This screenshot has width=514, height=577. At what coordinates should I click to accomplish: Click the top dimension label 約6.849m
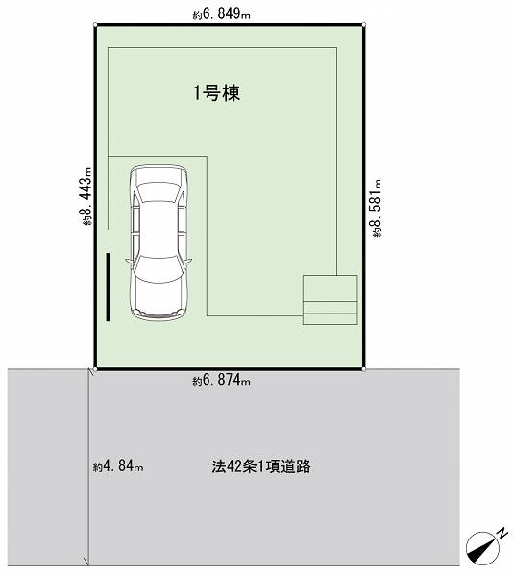coord(221,14)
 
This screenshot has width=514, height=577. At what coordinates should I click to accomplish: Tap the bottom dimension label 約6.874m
coord(221,380)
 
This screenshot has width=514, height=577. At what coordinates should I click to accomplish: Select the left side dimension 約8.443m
coord(86,196)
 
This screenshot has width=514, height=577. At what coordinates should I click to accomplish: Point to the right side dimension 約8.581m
coord(377,208)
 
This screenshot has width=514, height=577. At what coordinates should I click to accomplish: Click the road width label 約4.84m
coord(118,466)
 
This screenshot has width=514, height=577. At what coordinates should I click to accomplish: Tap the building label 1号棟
coord(217,92)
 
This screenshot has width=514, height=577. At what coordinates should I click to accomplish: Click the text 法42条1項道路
coord(261,466)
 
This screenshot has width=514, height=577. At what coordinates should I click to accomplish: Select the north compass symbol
coord(482,548)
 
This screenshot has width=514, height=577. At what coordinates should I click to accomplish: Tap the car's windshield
coord(159,269)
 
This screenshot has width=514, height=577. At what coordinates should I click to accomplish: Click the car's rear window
coord(159,192)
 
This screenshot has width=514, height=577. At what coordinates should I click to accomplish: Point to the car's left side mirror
coord(129,261)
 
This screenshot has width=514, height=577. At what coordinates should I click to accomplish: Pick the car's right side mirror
coord(188,261)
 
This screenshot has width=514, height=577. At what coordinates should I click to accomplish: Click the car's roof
coord(159,229)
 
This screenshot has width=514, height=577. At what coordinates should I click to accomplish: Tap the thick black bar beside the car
coord(108,287)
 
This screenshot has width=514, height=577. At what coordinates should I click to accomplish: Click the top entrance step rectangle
coord(330,288)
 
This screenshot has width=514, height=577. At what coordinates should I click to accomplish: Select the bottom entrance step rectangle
coord(330,319)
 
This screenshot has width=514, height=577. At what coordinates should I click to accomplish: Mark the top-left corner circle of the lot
coord(95,25)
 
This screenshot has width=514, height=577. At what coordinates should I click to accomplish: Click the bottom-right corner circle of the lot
coord(363,369)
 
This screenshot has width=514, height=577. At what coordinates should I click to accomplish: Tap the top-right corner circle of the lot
coord(363,25)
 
